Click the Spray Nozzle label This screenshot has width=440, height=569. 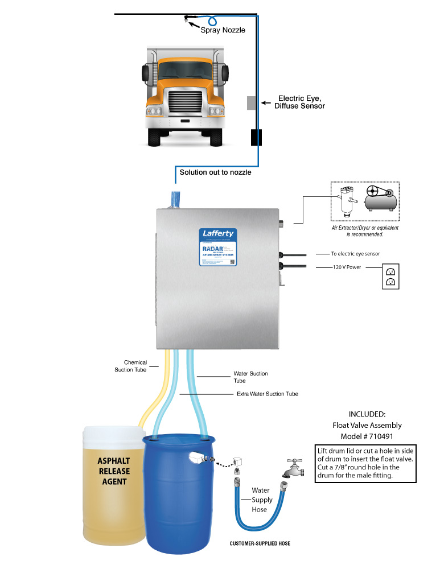(223, 30)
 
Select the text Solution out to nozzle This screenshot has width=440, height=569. (215, 172)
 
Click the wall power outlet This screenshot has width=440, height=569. (390, 276)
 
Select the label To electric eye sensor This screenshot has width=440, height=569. (356, 253)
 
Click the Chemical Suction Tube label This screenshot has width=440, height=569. (135, 366)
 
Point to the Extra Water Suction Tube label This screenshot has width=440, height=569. (267, 394)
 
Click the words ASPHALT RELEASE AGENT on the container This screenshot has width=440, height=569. (112, 471)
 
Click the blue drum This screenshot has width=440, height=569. (179, 501)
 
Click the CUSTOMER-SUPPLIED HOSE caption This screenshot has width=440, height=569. (260, 543)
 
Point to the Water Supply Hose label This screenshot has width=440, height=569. (262, 500)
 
